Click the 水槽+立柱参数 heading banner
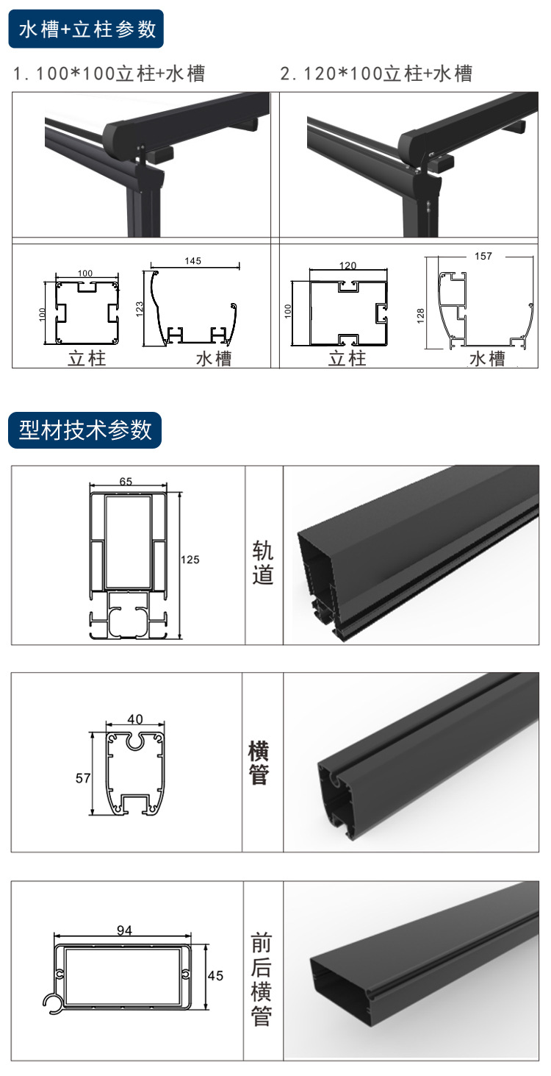coord(87,30)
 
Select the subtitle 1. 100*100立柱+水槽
coord(109,74)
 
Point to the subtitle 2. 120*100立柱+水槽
coord(376,74)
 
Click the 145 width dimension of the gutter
coord(194,261)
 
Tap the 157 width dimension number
coord(483,256)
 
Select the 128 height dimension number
coord(420,315)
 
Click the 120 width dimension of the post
coord(347,265)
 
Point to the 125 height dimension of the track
coord(190,560)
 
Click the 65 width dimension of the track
coord(126,482)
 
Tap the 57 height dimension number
coord(82,777)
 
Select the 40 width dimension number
coord(135,719)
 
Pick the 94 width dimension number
coord(124,930)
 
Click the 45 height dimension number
coord(215,975)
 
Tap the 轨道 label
coord(262,563)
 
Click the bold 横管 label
coord(259,763)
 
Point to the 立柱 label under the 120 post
coord(347,359)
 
